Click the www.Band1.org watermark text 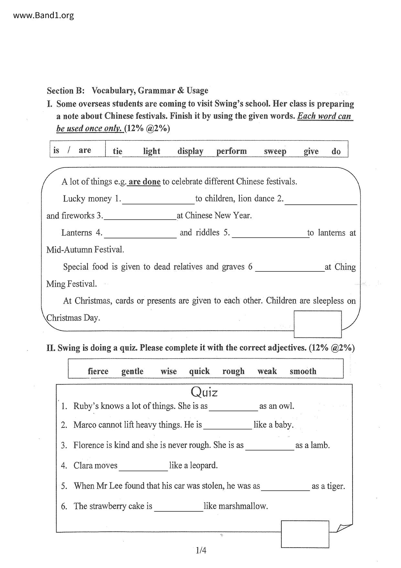click(x=43, y=15)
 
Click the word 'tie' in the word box click(x=117, y=151)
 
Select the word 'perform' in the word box click(x=232, y=151)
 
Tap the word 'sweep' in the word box click(x=275, y=151)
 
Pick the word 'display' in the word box click(x=190, y=151)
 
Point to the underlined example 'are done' click(x=145, y=182)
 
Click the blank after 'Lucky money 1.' click(x=158, y=201)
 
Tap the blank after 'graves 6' click(x=290, y=269)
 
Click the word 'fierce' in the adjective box click(x=98, y=371)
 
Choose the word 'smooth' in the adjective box click(x=303, y=371)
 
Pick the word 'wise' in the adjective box click(x=168, y=371)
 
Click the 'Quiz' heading click(x=204, y=392)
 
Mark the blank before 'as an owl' click(x=233, y=408)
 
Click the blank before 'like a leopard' click(x=143, y=468)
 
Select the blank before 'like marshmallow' click(x=179, y=508)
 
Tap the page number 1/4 click(x=201, y=550)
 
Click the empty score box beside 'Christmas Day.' click(x=318, y=324)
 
